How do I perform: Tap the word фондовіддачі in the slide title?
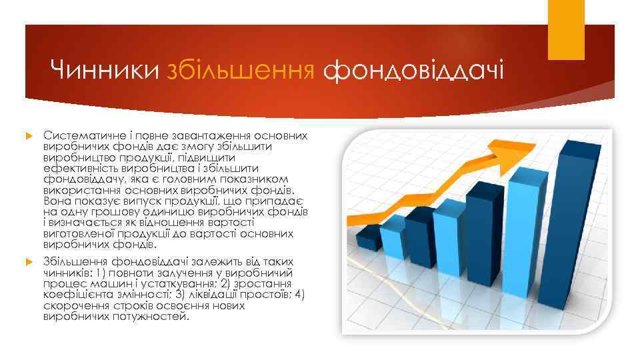413,70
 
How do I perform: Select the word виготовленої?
77,235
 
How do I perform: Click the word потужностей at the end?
147,317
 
